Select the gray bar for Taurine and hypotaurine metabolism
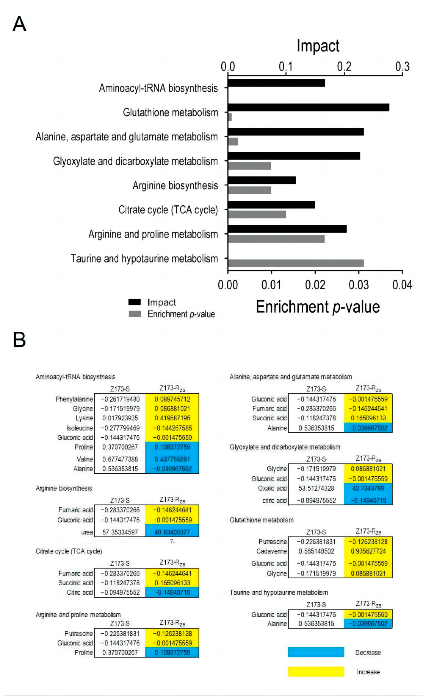click(x=295, y=263)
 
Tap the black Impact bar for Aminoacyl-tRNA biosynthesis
click(x=276, y=83)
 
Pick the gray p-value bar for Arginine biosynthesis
click(x=249, y=190)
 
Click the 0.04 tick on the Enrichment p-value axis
click(x=402, y=285)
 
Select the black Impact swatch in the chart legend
click(x=135, y=302)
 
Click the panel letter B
click(x=19, y=340)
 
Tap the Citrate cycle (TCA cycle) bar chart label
click(x=168, y=210)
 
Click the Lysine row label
click(x=84, y=418)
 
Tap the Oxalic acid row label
click(x=272, y=488)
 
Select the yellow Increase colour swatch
click(x=316, y=672)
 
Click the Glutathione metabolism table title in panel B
click(x=261, y=520)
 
